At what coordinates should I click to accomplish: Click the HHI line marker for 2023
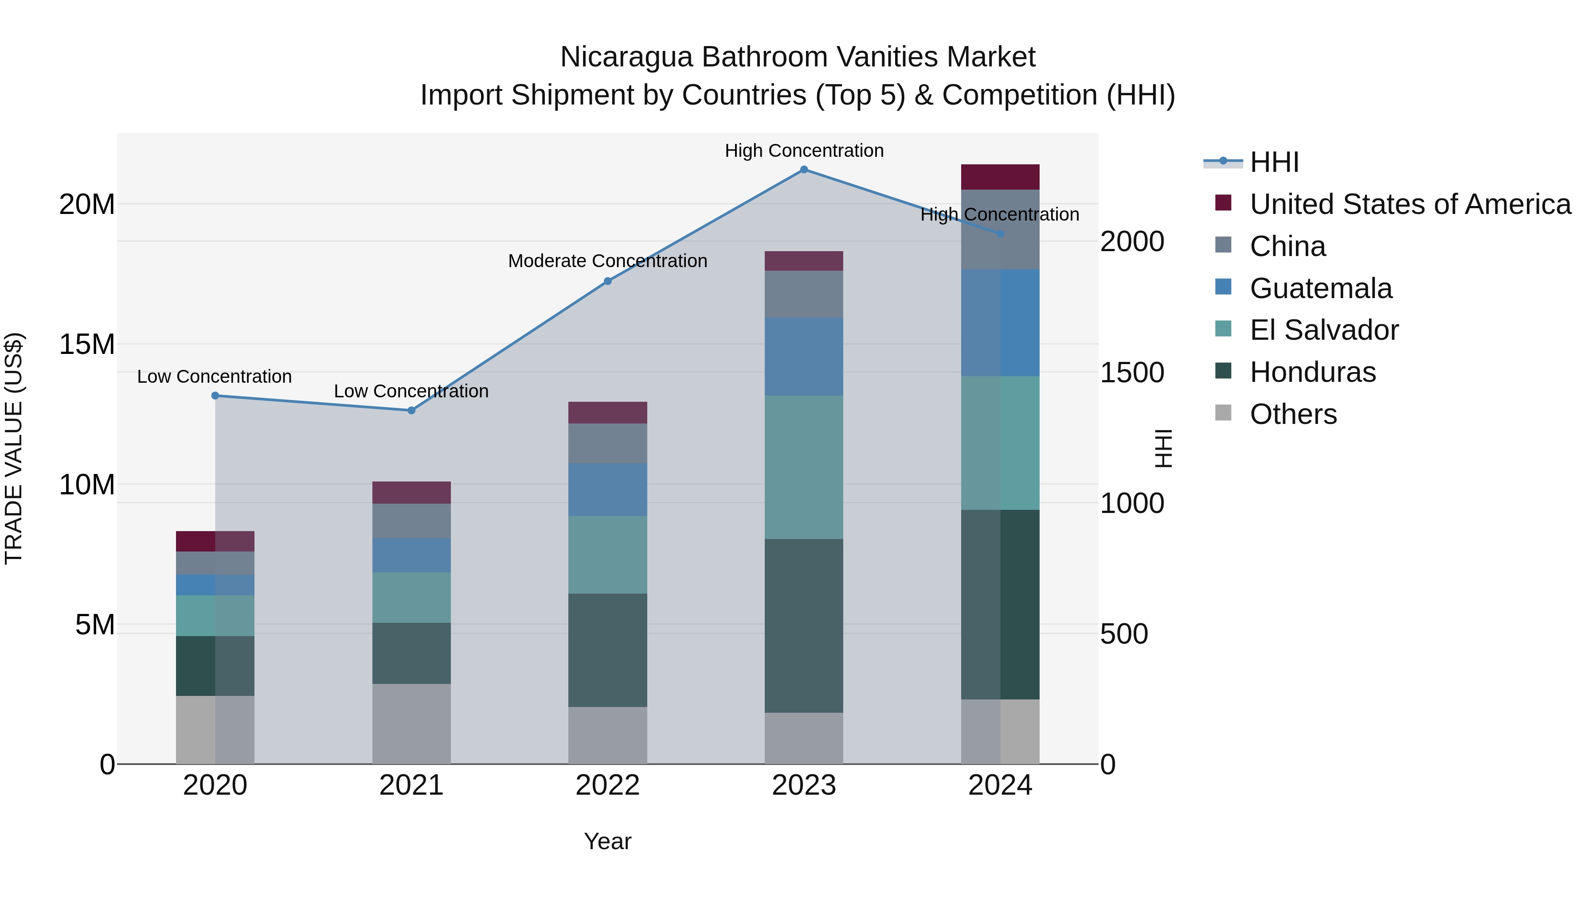coord(804,170)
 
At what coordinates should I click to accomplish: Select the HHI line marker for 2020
coord(215,396)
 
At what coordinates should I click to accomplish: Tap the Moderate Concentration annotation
coord(607,261)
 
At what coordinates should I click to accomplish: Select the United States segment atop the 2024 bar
coord(1000,177)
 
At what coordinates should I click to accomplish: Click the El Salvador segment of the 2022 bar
coord(607,555)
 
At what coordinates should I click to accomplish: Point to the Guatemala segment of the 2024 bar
coord(1000,322)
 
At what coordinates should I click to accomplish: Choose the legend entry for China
coord(1287,246)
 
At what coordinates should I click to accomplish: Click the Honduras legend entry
coord(1312,372)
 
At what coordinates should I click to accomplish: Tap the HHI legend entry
coord(1274,162)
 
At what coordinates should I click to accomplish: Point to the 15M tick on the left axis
coord(87,344)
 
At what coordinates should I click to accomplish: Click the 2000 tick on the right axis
coord(1131,241)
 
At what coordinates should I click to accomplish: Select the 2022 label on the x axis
coord(607,785)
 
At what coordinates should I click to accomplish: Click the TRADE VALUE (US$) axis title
coord(14,448)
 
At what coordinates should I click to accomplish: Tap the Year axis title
coord(607,841)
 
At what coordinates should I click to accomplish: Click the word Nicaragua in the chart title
coord(626,57)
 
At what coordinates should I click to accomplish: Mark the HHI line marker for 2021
coord(411,411)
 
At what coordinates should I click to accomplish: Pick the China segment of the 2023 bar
coord(804,294)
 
